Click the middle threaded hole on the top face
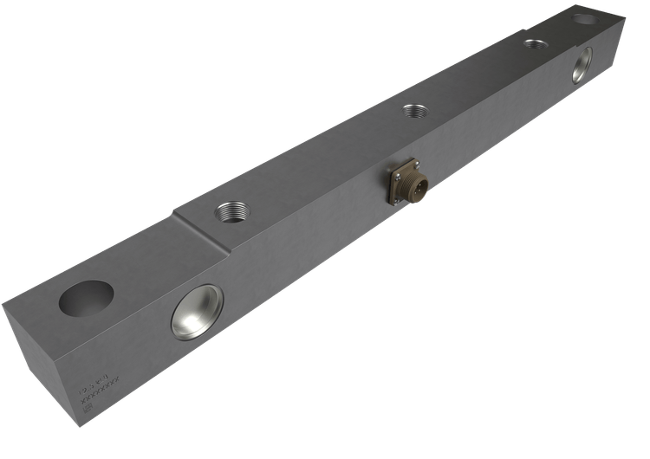tap(414, 111)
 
